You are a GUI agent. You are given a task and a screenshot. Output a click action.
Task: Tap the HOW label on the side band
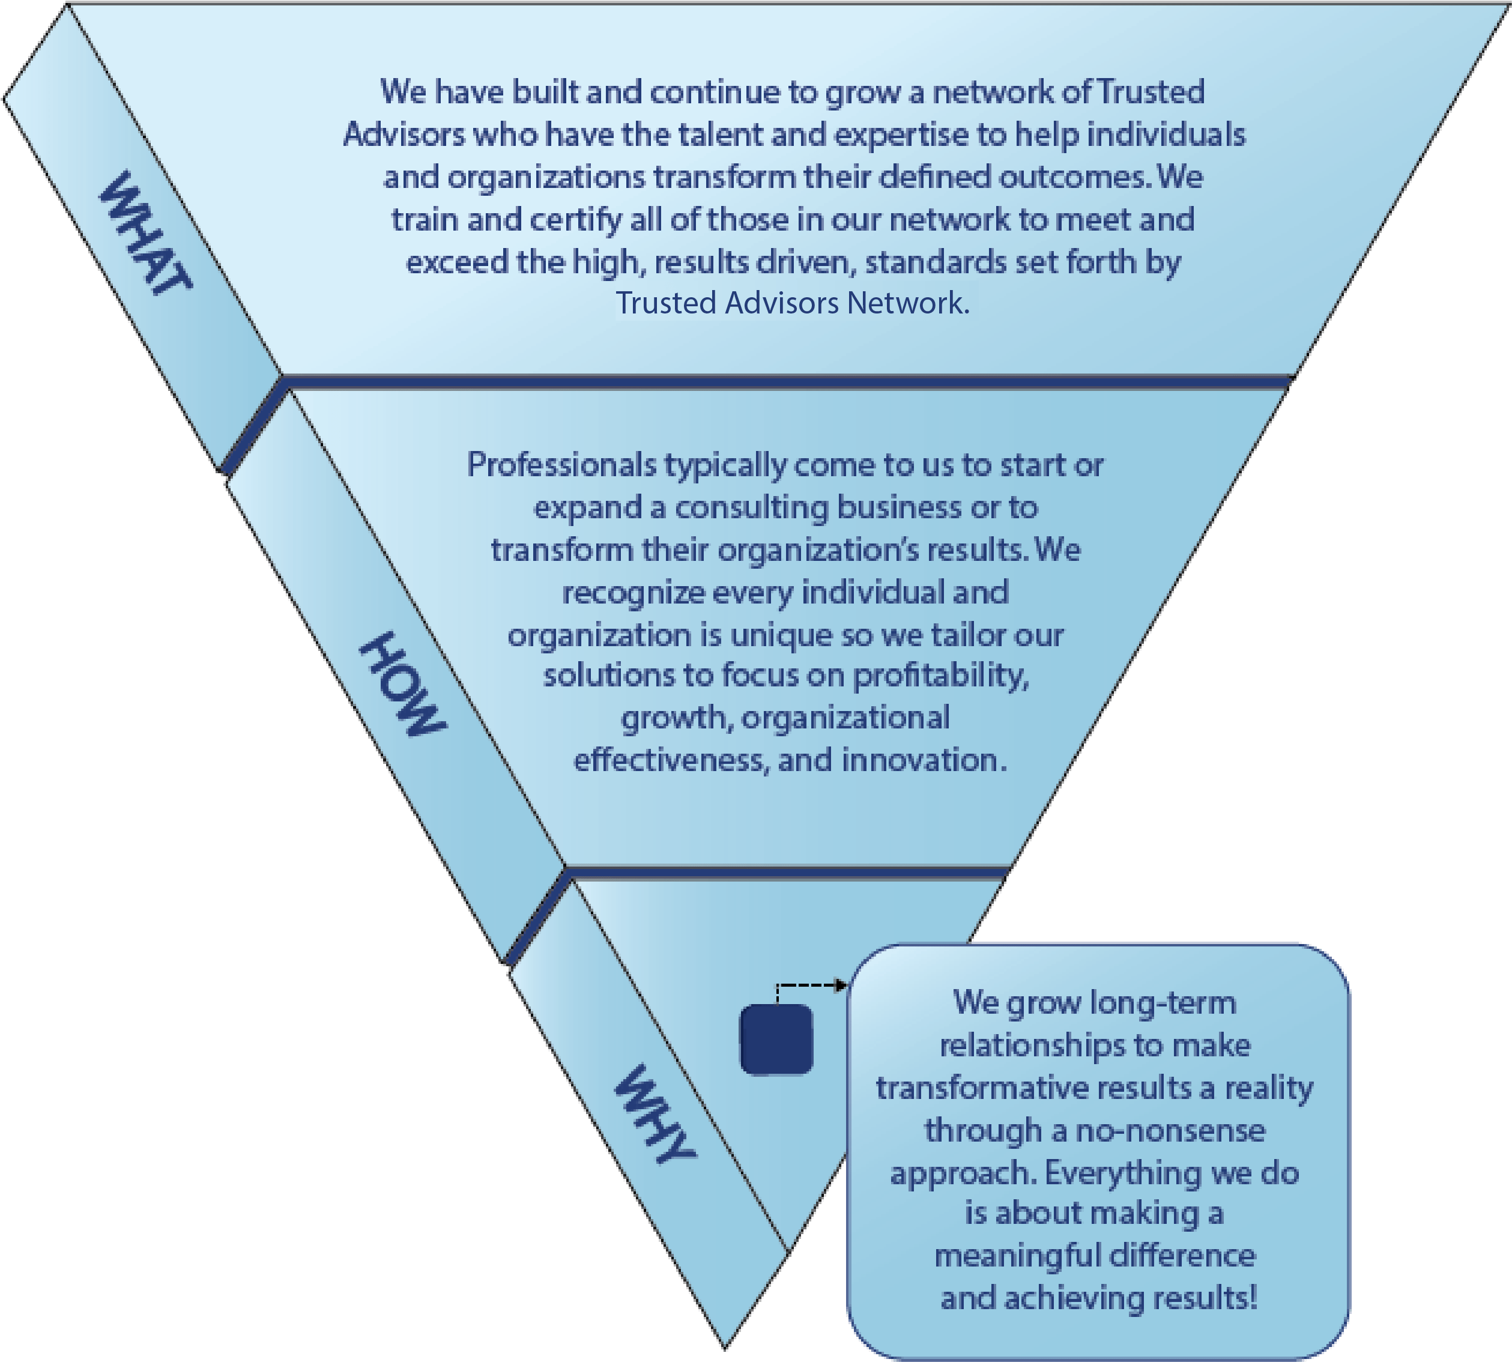point(402,683)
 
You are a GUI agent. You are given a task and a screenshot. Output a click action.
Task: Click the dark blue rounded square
point(776,1040)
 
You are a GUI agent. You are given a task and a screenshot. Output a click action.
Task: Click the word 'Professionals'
point(562,465)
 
